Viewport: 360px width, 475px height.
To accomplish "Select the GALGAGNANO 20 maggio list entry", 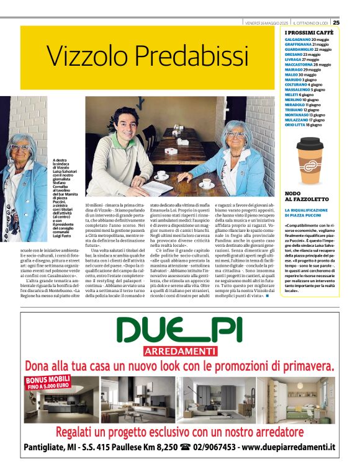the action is pos(307,39).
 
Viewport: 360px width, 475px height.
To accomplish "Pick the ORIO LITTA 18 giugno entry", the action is pos(304,125).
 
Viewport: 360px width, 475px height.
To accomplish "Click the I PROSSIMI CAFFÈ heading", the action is pos(308,31).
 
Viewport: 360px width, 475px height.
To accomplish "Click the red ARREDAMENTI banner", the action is pos(180,352).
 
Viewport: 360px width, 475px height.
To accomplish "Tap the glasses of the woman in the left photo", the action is pos(21,148).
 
